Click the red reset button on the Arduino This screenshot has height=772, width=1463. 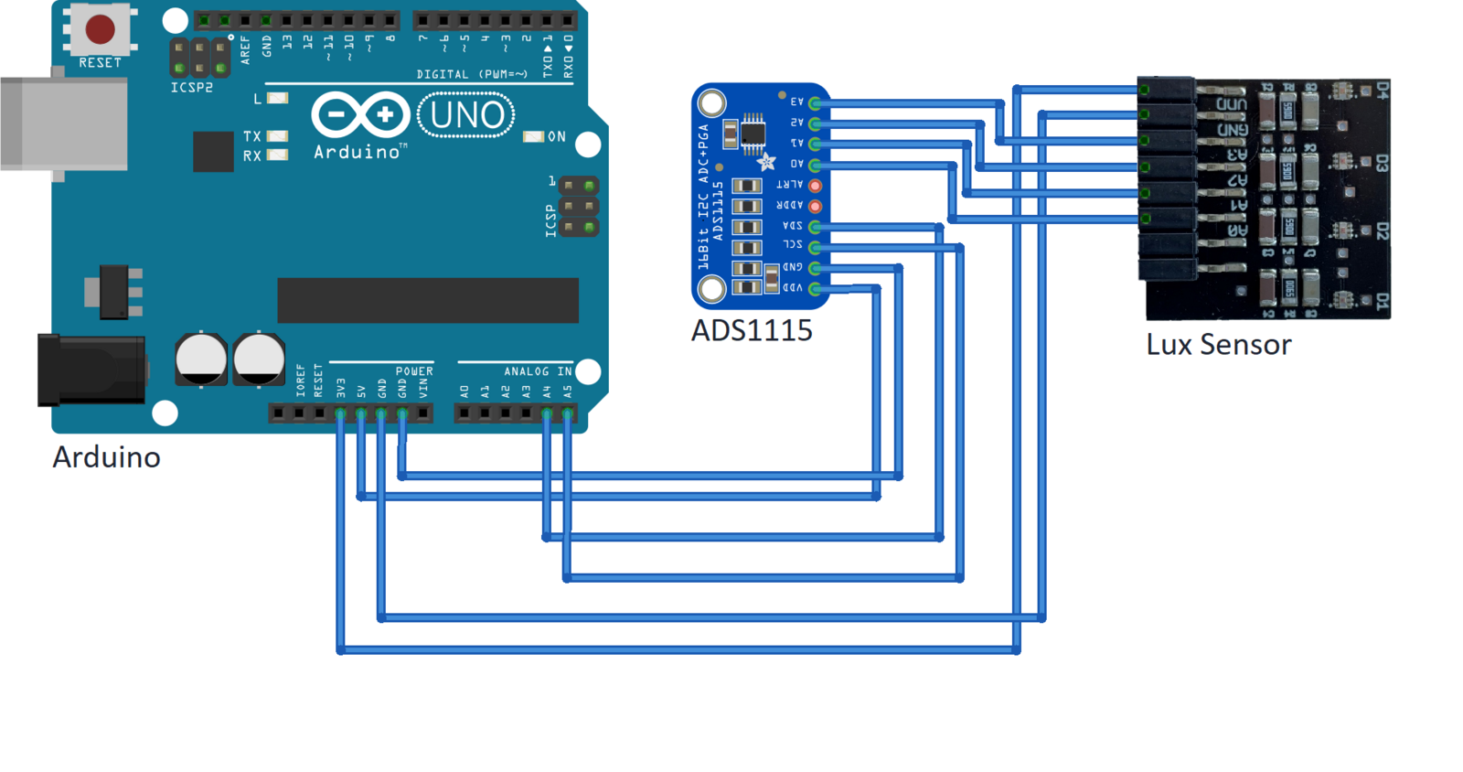pos(100,29)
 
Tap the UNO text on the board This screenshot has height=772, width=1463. pos(466,116)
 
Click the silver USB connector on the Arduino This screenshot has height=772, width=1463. pos(64,124)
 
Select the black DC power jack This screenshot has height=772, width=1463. pos(91,370)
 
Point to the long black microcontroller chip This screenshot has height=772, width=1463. pos(427,300)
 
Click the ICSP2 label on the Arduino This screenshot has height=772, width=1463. pos(192,88)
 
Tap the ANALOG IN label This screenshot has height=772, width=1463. pos(538,371)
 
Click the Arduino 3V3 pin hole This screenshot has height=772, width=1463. pos(341,414)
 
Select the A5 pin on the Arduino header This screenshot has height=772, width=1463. pos(568,414)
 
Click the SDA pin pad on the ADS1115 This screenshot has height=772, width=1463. pos(815,227)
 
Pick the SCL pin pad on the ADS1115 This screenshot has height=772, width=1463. pos(815,247)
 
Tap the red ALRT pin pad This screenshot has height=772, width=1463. pos(815,186)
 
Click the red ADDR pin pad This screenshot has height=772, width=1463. pos(815,207)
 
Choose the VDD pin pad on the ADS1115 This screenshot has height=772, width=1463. pos(815,289)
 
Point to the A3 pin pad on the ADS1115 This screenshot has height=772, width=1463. pos(815,103)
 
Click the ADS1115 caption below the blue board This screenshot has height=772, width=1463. pos(752,330)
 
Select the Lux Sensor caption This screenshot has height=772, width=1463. pos(1218,345)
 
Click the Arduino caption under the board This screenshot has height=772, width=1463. pos(106,456)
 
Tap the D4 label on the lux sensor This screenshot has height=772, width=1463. pos(1382,90)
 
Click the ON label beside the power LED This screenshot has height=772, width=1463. pos(556,137)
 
